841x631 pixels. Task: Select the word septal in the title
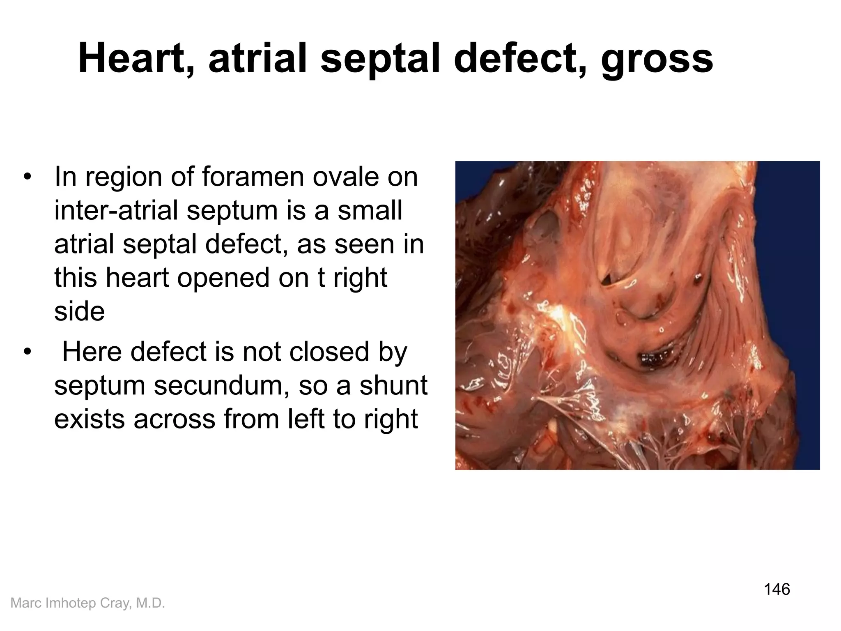381,59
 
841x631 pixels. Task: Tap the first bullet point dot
28,177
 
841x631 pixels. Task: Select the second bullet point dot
28,352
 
